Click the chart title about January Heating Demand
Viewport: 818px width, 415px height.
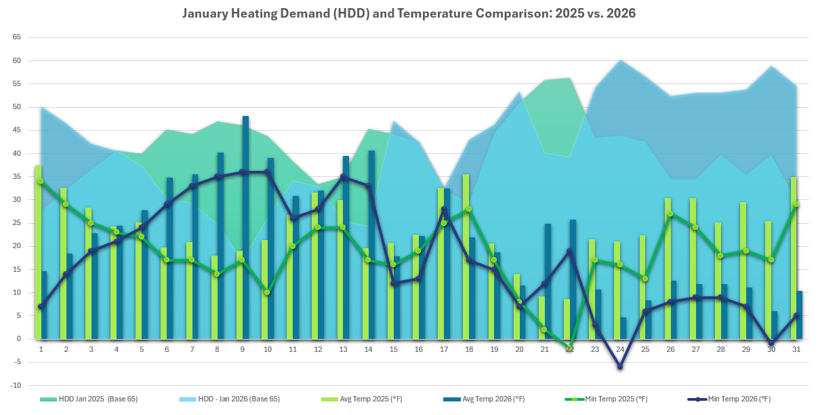[x=409, y=13]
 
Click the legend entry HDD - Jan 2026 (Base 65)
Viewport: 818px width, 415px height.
[x=239, y=399]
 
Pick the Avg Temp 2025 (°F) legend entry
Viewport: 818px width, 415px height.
[x=370, y=399]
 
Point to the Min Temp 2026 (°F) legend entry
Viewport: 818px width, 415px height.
[x=738, y=399]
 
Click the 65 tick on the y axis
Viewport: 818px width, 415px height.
[x=17, y=37]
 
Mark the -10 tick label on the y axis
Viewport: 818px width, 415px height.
[x=17, y=385]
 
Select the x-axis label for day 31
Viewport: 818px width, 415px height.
[x=796, y=349]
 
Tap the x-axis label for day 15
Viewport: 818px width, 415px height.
[x=393, y=349]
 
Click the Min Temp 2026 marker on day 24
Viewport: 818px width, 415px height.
[x=619, y=366]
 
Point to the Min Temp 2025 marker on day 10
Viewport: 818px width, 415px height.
[x=267, y=292]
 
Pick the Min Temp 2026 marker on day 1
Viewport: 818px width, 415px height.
[x=41, y=307]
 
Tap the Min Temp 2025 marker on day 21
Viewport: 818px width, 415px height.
[x=544, y=330]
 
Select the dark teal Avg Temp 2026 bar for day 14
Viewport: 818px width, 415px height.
[x=371, y=244]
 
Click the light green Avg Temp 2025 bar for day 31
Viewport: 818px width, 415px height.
[x=794, y=258]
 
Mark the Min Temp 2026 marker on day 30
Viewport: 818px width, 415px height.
[x=771, y=343]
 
